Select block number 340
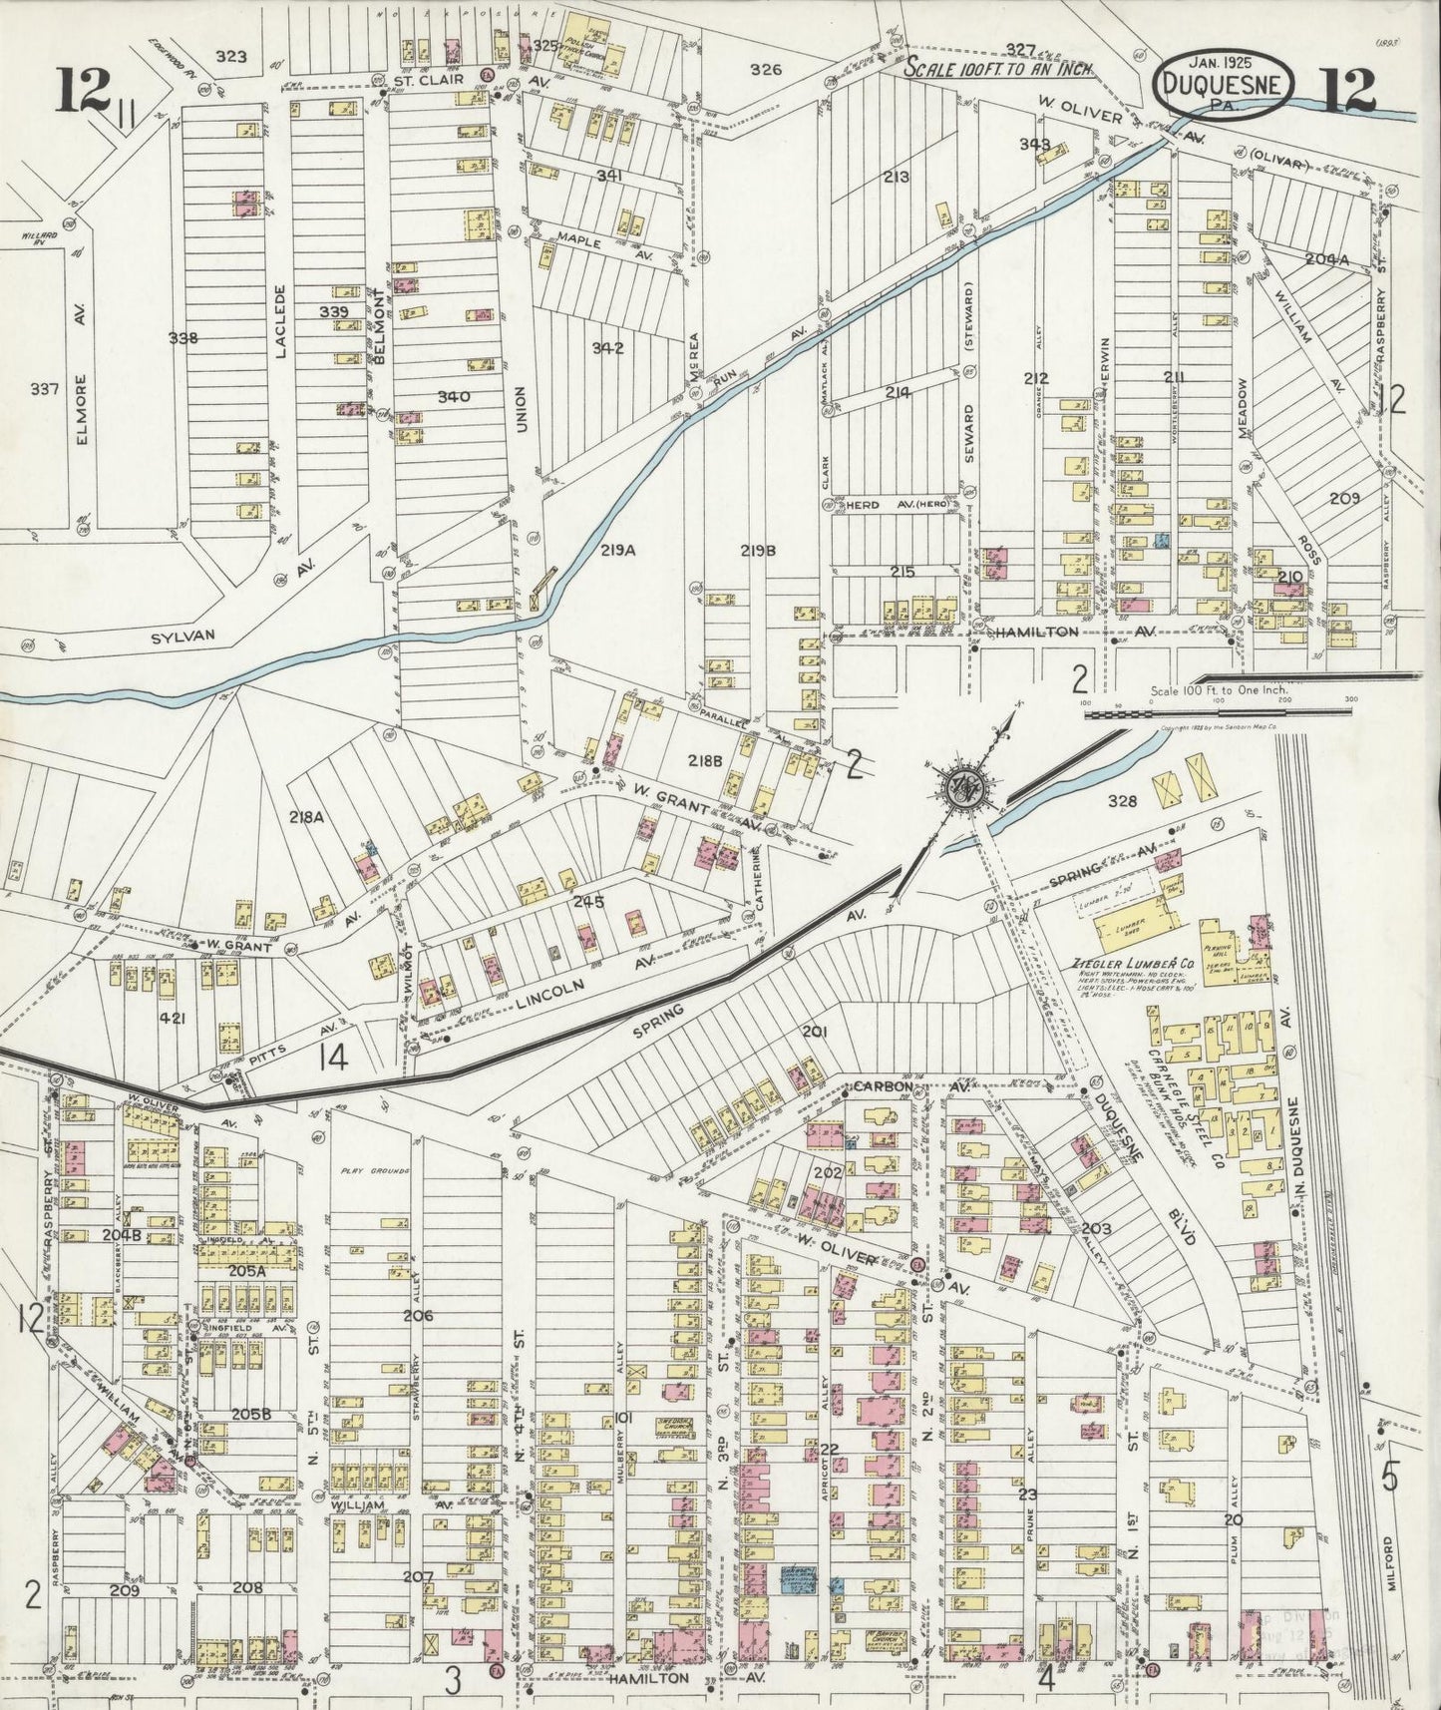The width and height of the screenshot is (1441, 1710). [454, 396]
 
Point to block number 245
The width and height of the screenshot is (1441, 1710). [588, 902]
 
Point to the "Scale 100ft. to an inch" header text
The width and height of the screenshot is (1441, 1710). [1000, 69]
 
